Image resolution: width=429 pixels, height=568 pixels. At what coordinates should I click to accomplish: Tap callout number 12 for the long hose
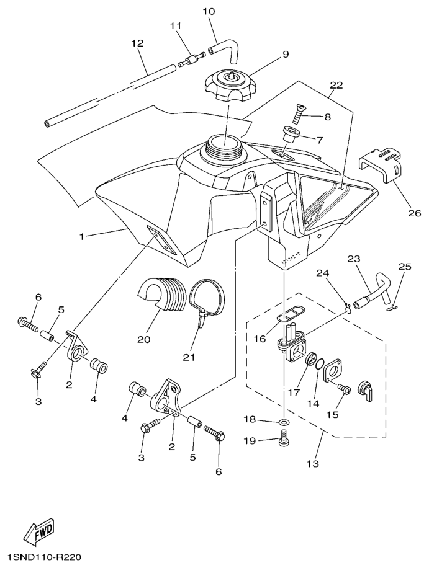pos(137,43)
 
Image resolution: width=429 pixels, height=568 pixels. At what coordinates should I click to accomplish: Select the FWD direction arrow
pos(38,531)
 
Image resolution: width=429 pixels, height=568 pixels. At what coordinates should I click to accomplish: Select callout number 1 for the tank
pos(81,236)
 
